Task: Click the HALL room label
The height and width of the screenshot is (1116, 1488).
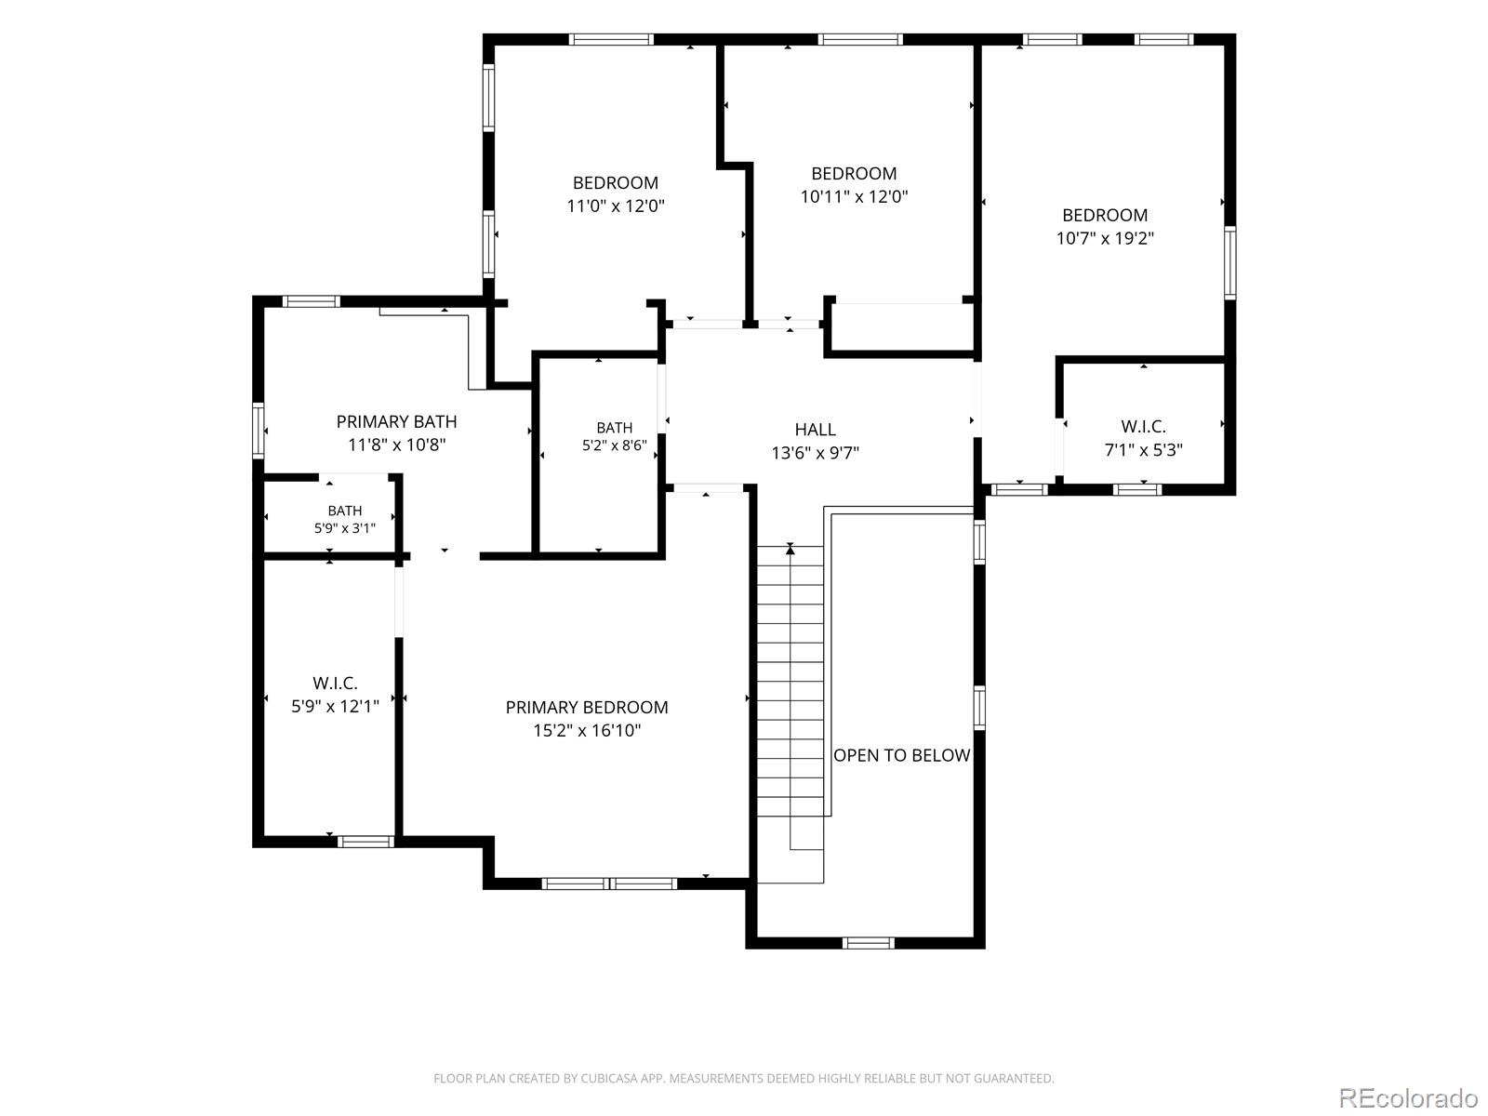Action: coord(815,430)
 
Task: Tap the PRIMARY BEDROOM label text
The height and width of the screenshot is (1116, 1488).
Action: coord(587,708)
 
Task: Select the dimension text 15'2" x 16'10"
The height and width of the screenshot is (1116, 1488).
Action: coord(587,730)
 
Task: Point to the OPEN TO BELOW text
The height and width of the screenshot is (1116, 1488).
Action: coord(901,755)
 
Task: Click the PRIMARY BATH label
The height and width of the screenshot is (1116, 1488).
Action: coord(396,422)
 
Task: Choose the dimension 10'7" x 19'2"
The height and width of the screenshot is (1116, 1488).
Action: coord(1105,238)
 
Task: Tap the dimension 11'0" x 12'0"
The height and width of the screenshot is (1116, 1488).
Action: coord(616,206)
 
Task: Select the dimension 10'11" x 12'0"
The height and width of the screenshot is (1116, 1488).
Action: coord(854,196)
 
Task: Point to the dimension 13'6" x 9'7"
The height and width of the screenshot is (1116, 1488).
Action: coord(815,453)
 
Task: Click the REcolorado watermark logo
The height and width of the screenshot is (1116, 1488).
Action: coord(1409,1097)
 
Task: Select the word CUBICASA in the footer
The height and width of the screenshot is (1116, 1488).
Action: coord(607,1079)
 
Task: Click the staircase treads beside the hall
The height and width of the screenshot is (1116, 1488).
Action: coord(790,714)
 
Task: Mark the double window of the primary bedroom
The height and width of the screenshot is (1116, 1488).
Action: coord(609,883)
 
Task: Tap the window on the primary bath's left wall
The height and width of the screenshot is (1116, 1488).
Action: coord(259,431)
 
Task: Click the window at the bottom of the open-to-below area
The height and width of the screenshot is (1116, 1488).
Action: coord(869,943)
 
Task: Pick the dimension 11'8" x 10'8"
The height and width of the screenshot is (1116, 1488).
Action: coord(396,445)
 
